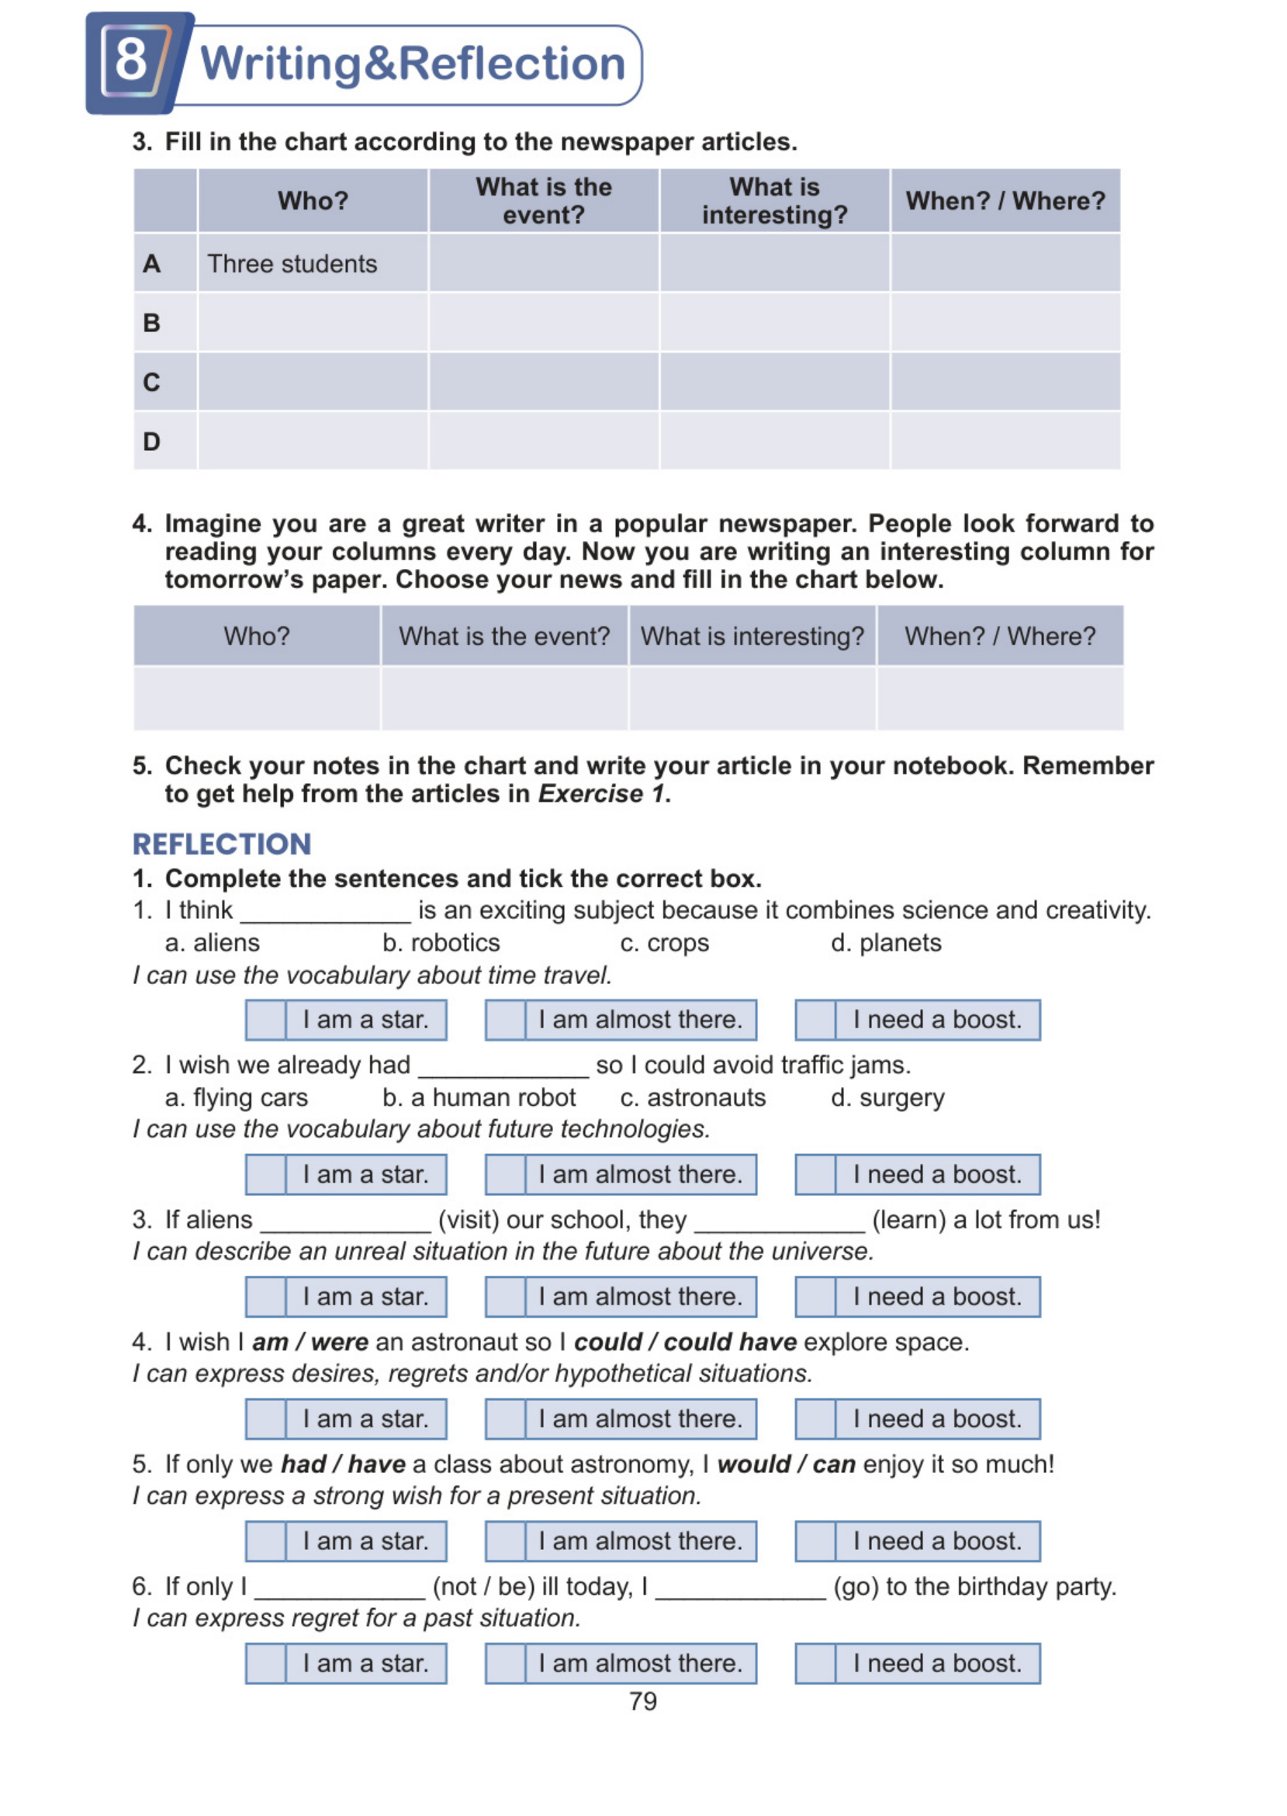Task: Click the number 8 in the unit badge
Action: click(x=131, y=60)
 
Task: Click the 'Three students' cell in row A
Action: click(x=292, y=264)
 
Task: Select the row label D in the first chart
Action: click(x=151, y=442)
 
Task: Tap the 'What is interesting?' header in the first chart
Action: click(x=774, y=200)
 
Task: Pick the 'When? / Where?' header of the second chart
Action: click(x=999, y=636)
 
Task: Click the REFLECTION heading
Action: click(x=222, y=844)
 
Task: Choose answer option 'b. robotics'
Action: click(x=441, y=942)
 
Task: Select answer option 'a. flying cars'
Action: click(x=236, y=1098)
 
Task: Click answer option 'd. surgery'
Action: click(x=887, y=1098)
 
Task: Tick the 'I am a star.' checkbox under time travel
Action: click(x=265, y=1021)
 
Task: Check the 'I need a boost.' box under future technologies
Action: click(x=815, y=1175)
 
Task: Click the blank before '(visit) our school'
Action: click(x=344, y=1221)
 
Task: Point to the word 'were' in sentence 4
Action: click(x=339, y=1342)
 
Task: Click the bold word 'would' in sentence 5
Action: click(x=752, y=1464)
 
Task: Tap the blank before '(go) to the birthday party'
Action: click(x=740, y=1588)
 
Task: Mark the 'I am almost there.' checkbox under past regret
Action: click(x=506, y=1663)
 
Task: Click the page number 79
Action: click(x=642, y=1701)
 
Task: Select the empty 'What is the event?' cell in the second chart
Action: click(x=504, y=698)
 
